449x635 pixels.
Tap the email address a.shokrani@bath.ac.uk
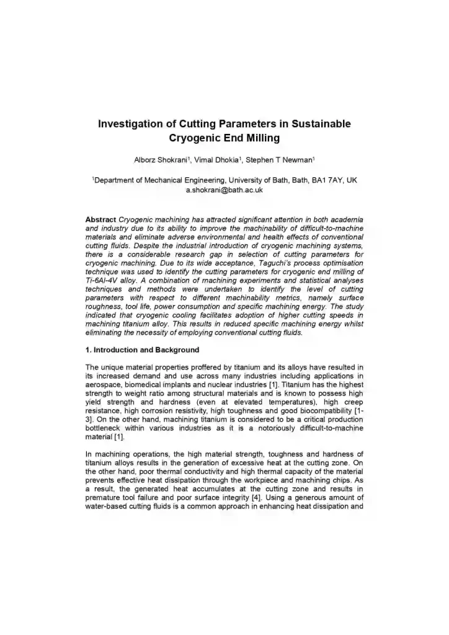[x=225, y=190]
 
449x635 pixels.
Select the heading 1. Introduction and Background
[x=142, y=350]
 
